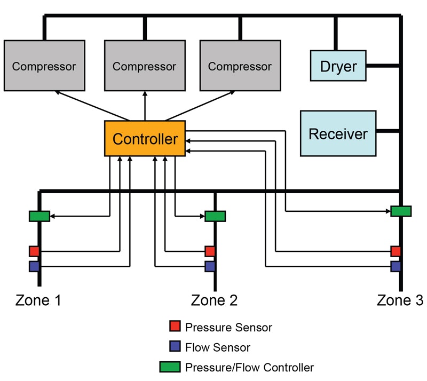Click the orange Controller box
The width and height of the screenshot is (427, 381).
click(x=145, y=139)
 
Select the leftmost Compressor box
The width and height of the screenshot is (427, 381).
click(x=44, y=66)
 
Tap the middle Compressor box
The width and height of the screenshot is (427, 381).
click(x=144, y=66)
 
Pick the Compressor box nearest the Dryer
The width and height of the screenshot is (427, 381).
click(x=240, y=66)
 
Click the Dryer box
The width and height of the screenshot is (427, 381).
click(x=338, y=67)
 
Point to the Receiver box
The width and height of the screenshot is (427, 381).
click(x=338, y=133)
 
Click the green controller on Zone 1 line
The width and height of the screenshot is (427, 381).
click(x=39, y=216)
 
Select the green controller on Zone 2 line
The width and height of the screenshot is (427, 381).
click(x=215, y=216)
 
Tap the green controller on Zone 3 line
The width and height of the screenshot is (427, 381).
click(x=401, y=211)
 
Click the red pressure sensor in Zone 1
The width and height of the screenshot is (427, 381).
click(x=34, y=251)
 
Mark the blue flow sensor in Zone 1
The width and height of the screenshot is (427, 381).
click(x=34, y=266)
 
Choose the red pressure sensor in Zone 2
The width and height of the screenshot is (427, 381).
click(x=210, y=251)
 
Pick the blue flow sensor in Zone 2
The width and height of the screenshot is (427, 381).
click(x=210, y=266)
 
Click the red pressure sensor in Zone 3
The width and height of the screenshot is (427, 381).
click(x=396, y=251)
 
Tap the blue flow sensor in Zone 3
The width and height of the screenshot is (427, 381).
click(x=396, y=266)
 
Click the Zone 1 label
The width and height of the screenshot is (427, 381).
click(x=38, y=300)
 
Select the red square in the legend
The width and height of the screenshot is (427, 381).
click(x=175, y=326)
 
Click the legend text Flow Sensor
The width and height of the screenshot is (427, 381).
click(x=217, y=347)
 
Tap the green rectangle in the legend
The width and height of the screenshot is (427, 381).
click(x=170, y=367)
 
